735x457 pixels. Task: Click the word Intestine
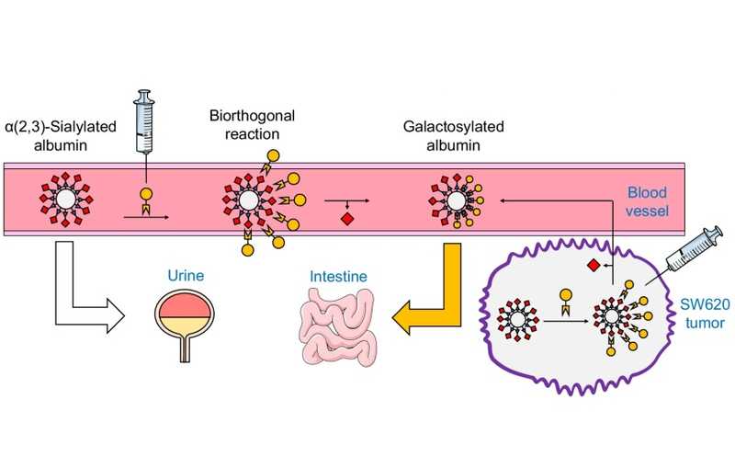pos(335,274)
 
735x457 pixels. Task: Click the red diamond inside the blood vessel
pos(346,219)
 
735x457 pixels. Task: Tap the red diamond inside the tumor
pos(594,267)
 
